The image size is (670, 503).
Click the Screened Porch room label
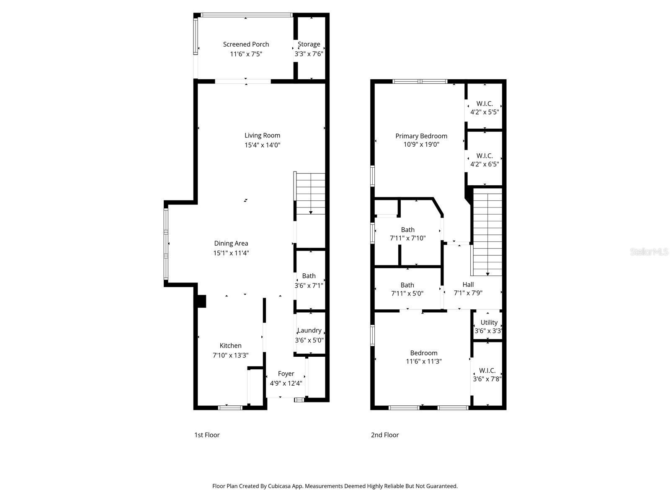246,44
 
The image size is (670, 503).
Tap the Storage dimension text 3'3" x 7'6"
309,54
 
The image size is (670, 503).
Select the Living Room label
262,135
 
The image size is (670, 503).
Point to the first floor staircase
310,194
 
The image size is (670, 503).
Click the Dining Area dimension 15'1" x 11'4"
231,253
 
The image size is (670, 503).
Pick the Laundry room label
309,330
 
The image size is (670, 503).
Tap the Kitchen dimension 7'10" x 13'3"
230,355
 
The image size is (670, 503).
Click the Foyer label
286,373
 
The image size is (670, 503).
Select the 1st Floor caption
207,435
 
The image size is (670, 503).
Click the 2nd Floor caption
385,435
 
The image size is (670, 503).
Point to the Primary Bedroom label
421,136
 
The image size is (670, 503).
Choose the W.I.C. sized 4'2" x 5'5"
484,108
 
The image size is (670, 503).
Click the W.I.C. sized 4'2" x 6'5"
484,160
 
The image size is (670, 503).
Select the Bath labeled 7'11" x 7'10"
407,234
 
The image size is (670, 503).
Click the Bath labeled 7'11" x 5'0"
407,289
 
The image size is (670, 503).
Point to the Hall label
468,285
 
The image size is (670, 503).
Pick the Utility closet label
489,322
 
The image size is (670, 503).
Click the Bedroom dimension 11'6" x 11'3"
424,361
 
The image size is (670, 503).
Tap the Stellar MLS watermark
649,252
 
